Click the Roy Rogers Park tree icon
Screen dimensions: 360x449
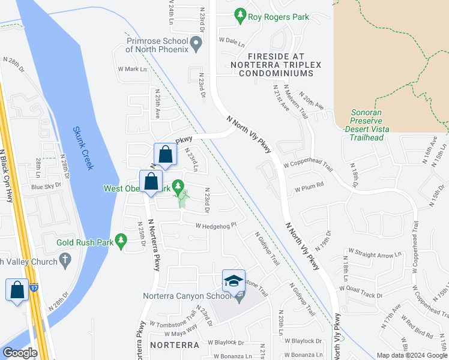click(x=240, y=14)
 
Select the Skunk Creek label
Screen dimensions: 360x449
click(x=85, y=148)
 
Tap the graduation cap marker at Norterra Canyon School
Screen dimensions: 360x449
click(x=234, y=280)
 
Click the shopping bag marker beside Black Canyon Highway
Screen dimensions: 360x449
click(x=17, y=290)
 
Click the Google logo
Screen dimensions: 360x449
click(x=20, y=353)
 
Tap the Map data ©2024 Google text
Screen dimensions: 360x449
click(x=412, y=355)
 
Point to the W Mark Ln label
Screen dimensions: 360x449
click(x=132, y=69)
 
